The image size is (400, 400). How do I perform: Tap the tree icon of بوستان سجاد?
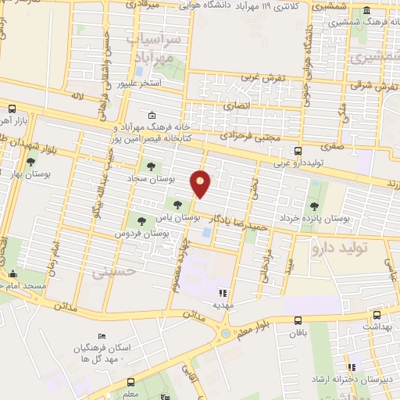149,166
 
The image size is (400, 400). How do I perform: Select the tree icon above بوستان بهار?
30,162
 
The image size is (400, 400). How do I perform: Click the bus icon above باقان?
298,320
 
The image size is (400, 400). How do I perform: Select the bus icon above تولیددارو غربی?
297,152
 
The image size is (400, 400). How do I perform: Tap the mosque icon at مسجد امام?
13,275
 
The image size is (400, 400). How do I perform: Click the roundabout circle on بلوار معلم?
227,334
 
